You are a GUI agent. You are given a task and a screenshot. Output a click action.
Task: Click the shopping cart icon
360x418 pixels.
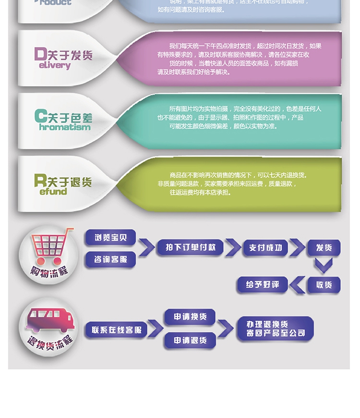pyautogui.click(x=51, y=246)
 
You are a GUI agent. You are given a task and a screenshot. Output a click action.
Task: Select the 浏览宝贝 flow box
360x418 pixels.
pyautogui.click(x=110, y=238)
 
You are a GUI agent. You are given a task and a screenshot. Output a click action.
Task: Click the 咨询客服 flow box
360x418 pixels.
pyautogui.click(x=110, y=259)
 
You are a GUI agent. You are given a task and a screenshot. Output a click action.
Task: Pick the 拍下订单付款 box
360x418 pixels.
pyautogui.click(x=191, y=247)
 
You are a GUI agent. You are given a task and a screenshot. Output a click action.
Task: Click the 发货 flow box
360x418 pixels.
pyautogui.click(x=324, y=248)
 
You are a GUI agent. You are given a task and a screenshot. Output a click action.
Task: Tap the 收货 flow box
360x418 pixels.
pyautogui.click(x=324, y=284)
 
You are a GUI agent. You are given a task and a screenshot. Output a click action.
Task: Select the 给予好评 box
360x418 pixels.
pyautogui.click(x=263, y=284)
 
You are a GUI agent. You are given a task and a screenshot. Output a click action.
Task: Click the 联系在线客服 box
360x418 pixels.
pyautogui.click(x=117, y=330)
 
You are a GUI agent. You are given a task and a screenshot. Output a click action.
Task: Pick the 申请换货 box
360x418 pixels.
pyautogui.click(x=190, y=317)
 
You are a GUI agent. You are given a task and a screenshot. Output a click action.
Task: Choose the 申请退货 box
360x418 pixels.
pyautogui.click(x=190, y=340)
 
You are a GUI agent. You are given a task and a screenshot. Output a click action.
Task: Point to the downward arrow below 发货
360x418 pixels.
pyautogui.click(x=324, y=266)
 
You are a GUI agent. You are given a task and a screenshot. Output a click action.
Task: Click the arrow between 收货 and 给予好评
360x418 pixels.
pyautogui.click(x=298, y=284)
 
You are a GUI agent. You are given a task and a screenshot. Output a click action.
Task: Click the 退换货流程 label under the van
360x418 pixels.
pyautogui.click(x=50, y=344)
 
